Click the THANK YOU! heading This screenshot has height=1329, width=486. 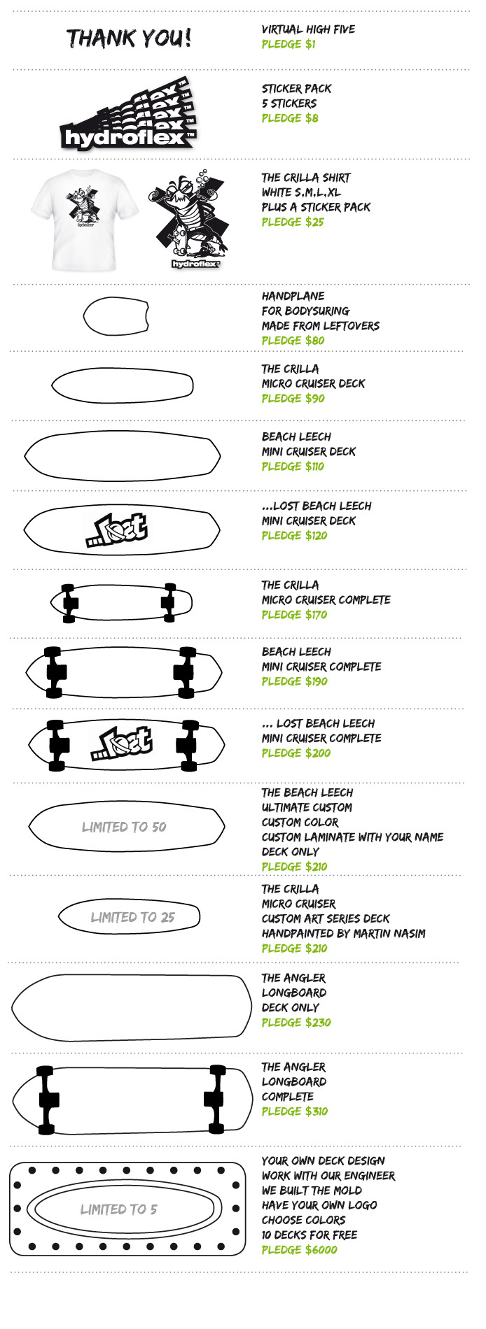(x=129, y=38)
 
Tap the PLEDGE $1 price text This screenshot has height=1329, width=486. (x=289, y=44)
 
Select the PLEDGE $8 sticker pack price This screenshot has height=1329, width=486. (x=290, y=118)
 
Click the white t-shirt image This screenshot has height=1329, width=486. (x=73, y=220)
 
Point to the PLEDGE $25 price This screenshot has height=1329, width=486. (x=293, y=222)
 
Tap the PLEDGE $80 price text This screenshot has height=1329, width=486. (x=293, y=341)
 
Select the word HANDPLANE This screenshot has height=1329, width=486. (x=293, y=296)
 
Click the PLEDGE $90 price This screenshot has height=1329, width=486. (x=293, y=398)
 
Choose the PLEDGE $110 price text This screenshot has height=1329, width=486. (x=293, y=467)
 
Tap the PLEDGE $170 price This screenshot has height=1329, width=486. (x=294, y=615)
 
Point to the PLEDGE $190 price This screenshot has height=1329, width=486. (x=294, y=681)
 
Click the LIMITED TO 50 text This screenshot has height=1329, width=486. (x=124, y=827)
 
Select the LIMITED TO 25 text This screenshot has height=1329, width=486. (x=132, y=917)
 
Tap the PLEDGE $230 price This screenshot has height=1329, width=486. (x=296, y=1022)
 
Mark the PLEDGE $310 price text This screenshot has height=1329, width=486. (x=294, y=1111)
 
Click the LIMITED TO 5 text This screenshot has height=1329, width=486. (x=118, y=1209)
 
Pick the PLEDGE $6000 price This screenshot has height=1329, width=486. (x=299, y=1249)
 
